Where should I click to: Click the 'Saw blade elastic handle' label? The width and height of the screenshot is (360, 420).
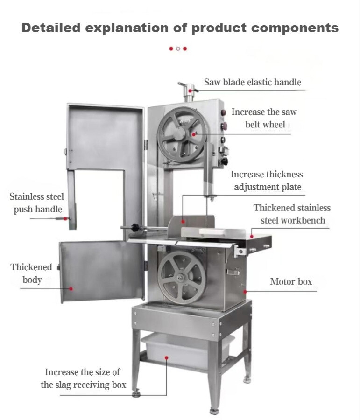[253, 82]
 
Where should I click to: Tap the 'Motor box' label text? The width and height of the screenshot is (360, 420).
[291, 281]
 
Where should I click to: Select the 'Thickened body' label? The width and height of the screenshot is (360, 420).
[31, 273]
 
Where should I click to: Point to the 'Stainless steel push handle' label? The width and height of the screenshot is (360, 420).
[37, 203]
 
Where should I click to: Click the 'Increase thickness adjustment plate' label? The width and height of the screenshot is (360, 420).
[267, 181]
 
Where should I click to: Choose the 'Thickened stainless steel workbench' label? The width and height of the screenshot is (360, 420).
[292, 214]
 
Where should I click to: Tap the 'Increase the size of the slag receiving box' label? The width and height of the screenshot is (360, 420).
[83, 378]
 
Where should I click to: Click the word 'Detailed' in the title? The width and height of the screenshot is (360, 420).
[51, 28]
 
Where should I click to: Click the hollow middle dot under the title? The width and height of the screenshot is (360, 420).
[178, 49]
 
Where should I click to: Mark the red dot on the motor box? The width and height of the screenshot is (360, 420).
[245, 291]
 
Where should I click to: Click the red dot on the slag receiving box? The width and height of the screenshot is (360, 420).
[167, 358]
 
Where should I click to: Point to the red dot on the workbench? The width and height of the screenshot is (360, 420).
[252, 236]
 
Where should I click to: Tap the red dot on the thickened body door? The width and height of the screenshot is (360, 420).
[71, 289]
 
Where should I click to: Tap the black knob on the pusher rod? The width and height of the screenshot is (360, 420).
[134, 228]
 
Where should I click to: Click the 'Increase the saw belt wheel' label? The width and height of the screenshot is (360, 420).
[264, 118]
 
